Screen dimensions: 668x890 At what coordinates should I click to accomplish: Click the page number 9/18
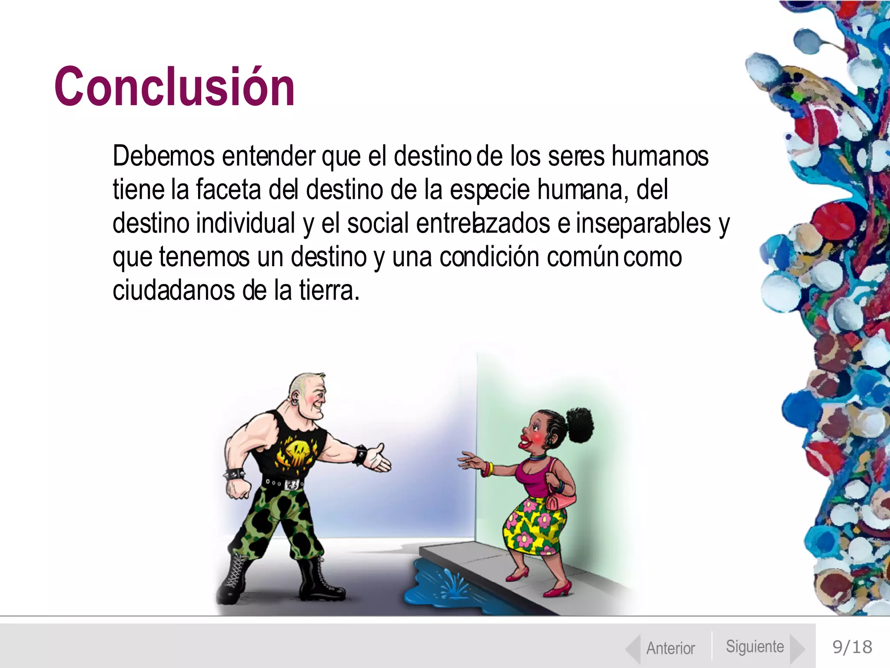852,647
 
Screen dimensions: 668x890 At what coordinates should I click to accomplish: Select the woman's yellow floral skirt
534,527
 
